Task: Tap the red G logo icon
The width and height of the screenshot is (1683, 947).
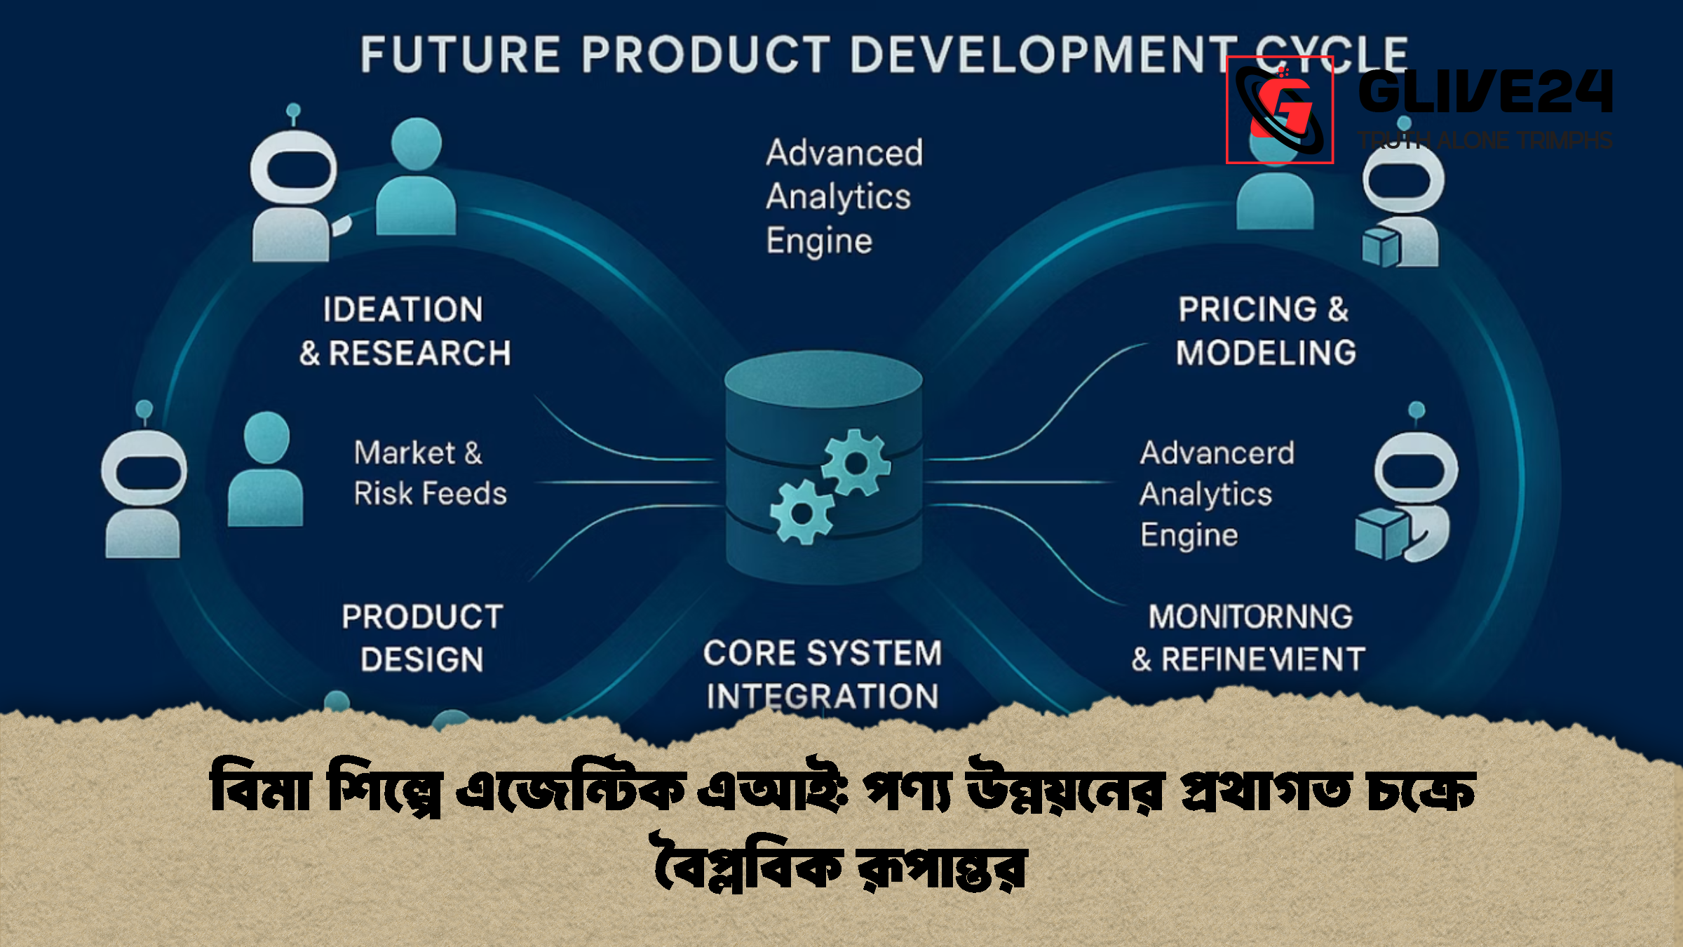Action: point(1280,110)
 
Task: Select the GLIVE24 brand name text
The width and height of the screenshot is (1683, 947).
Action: point(1485,92)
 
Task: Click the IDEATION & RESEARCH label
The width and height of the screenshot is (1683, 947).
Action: point(405,331)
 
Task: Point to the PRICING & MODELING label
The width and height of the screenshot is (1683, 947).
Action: point(1266,331)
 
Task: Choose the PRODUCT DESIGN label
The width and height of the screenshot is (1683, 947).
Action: point(422,638)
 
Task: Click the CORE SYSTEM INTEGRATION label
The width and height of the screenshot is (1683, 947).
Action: point(823,674)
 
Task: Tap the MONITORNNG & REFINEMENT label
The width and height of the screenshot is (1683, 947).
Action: point(1248,638)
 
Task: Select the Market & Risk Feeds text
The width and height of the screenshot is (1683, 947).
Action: point(429,473)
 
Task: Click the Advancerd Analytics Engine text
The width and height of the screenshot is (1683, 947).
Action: point(1217,493)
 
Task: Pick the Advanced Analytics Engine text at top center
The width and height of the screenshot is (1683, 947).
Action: point(844,196)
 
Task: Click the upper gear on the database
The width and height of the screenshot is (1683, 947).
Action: point(856,463)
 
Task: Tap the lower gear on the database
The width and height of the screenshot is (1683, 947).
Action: point(802,513)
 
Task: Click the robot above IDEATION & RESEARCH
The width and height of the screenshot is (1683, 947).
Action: point(293,189)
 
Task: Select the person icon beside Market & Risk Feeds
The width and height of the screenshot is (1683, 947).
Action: point(266,470)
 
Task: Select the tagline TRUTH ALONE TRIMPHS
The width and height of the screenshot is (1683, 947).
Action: point(1485,140)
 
